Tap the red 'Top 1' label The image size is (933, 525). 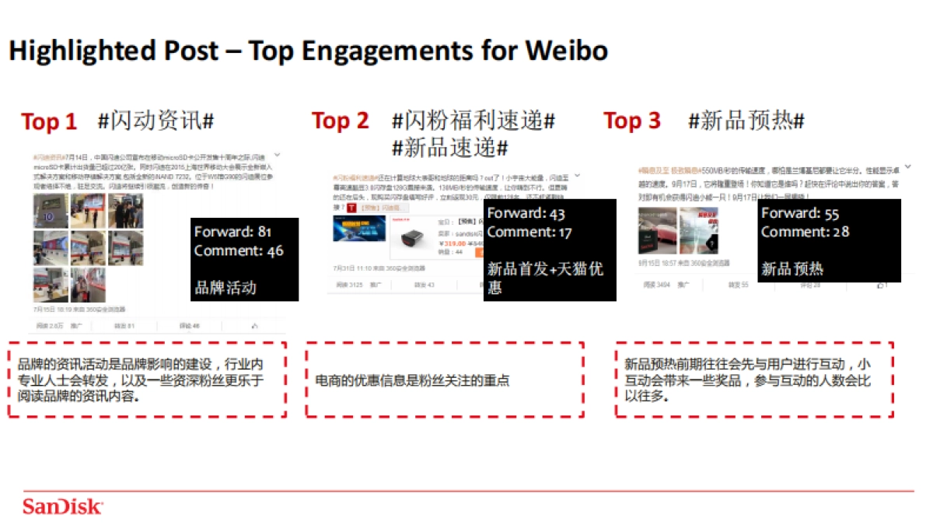pyautogui.click(x=49, y=122)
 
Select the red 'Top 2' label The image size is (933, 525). pyautogui.click(x=341, y=121)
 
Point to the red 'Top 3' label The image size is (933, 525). pyautogui.click(x=631, y=121)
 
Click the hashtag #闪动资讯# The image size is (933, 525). pyautogui.click(x=155, y=121)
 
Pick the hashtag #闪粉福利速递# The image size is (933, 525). pyautogui.click(x=473, y=121)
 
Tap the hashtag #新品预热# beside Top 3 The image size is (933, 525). pyautogui.click(x=746, y=121)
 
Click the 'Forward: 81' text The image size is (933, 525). pyautogui.click(x=232, y=232)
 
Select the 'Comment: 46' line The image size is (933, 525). pyautogui.click(x=239, y=250)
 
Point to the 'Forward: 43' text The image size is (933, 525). pyautogui.click(x=526, y=213)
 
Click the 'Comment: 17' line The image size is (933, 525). pyautogui.click(x=529, y=232)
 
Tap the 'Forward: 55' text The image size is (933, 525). pyautogui.click(x=800, y=213)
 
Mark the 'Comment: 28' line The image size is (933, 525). pyautogui.click(x=805, y=232)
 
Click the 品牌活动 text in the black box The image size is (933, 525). pyautogui.click(x=225, y=288)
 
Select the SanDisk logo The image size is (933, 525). pyautogui.click(x=62, y=506)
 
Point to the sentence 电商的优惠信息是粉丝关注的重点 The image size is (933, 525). pyautogui.click(x=412, y=380)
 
